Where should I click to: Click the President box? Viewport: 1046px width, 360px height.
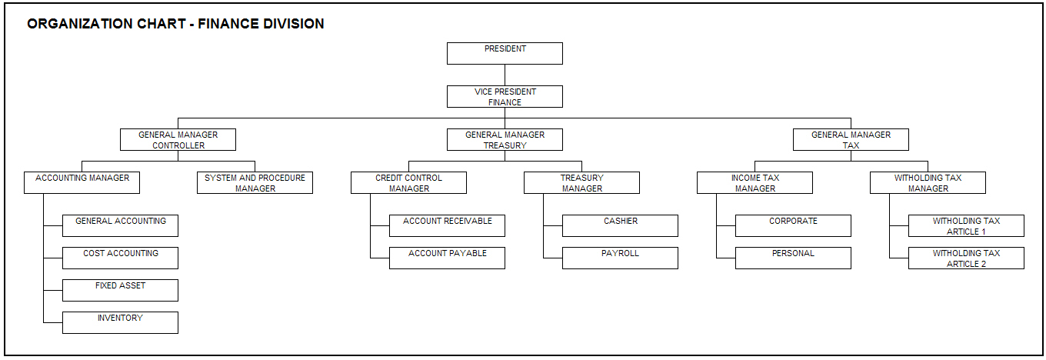pos(505,53)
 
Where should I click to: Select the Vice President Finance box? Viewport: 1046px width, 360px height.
pos(505,96)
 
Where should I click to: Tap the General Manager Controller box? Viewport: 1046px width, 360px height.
pos(178,139)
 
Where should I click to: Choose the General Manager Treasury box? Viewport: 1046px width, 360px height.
pos(505,139)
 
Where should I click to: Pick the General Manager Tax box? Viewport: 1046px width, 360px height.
pos(851,139)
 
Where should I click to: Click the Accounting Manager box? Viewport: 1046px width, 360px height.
pos(82,182)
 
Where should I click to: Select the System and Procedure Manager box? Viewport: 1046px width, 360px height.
pos(255,182)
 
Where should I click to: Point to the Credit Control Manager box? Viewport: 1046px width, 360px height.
pos(408,182)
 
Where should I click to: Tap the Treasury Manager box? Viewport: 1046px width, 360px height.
pos(581,182)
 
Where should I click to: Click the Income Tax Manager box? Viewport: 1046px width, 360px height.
pos(755,182)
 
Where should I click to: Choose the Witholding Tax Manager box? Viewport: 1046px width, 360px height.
pos(928,182)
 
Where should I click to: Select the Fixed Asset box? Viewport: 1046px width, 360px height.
pos(120,290)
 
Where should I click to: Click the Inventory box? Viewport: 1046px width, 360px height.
pos(120,322)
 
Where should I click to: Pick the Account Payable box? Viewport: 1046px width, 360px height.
pos(447,258)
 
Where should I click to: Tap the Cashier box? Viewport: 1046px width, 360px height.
pos(620,225)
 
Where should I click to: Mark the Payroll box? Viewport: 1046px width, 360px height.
pos(620,258)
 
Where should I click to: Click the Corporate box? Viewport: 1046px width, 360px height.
pos(793,225)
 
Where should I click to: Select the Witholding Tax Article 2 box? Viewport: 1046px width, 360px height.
pos(966,258)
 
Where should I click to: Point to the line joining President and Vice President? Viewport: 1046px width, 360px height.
pos(505,75)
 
